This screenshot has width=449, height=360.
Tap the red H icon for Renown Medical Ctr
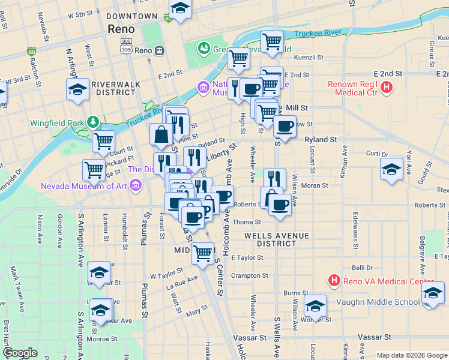pos(387,88)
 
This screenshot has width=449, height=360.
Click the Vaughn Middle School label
pos(378,302)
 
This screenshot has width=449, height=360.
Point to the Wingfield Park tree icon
pos(93,123)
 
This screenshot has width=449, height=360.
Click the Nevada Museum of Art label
pos(84,185)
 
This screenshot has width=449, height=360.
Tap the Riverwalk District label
pos(113,88)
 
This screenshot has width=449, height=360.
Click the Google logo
pos(20,353)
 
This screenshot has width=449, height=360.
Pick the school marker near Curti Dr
pos(391,169)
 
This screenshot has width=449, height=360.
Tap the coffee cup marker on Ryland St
pos(285,126)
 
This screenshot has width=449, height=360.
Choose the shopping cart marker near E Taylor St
pos(203,253)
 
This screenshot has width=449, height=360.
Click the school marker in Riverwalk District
pos(77,89)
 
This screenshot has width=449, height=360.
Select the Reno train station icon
pos(159,51)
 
